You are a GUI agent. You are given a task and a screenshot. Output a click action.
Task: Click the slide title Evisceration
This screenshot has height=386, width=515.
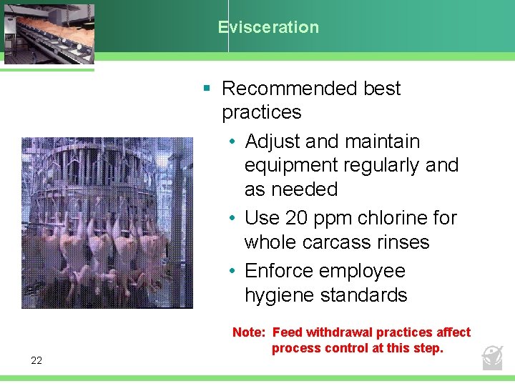269,27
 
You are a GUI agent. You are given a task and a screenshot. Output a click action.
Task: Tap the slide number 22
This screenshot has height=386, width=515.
36,360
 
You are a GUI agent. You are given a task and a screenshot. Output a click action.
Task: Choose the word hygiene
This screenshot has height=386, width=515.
278,295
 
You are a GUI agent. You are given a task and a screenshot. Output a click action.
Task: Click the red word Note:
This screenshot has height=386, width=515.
248,332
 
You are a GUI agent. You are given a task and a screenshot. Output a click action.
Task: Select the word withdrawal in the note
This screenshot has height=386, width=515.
338,332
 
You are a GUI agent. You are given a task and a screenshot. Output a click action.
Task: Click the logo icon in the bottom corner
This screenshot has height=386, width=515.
492,357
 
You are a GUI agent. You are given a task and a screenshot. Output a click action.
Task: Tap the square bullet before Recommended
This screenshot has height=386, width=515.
207,89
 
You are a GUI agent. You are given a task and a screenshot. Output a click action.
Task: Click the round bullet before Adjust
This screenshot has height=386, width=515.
233,142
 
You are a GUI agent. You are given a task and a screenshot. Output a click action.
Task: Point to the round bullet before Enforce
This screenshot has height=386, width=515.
233,272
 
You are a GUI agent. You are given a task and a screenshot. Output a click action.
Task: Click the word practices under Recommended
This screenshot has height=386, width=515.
261,112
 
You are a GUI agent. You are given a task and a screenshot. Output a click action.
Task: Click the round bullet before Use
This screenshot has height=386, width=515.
233,218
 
